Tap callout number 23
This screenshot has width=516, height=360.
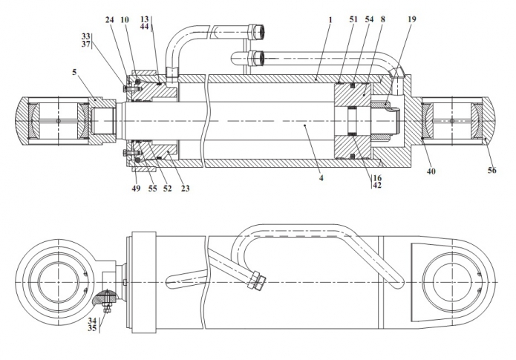[186, 189]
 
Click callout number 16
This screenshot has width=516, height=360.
[377, 178]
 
